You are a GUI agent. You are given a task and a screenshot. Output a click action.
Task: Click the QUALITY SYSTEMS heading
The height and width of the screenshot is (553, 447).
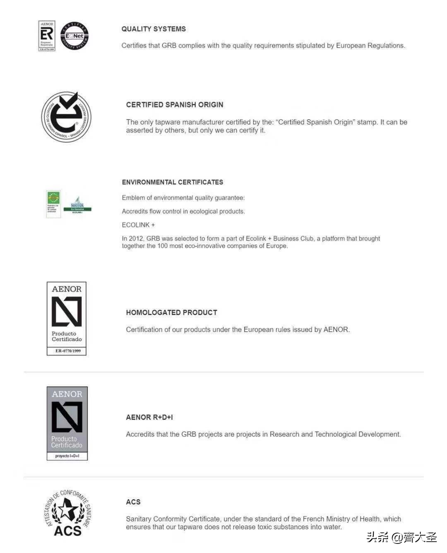tap(154, 29)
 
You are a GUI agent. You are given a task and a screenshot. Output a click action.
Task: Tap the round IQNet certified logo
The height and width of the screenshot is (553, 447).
tap(74, 36)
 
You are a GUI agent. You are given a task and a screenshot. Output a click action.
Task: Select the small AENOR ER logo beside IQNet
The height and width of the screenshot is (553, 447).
tap(47, 36)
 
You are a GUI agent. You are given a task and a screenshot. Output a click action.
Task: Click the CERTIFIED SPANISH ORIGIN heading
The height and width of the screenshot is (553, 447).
tap(174, 105)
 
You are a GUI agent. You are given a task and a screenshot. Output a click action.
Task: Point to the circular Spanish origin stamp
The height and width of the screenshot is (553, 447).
tap(66, 117)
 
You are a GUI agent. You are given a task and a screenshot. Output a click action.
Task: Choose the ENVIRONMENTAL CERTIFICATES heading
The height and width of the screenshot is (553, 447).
tap(172, 182)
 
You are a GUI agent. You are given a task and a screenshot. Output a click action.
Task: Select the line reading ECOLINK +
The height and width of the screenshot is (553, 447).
tap(138, 225)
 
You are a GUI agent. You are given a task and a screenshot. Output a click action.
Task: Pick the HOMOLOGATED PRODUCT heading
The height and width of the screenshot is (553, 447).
tap(171, 313)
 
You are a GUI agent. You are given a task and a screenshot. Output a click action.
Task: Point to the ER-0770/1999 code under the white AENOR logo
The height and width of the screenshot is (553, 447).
tap(68, 351)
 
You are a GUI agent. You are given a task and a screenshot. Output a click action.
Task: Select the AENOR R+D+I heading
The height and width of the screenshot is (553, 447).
tap(149, 417)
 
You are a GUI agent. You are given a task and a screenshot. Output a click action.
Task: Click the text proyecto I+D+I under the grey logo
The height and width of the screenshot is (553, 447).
tap(67, 456)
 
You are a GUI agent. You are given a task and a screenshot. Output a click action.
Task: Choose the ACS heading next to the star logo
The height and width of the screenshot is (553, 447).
tap(133, 502)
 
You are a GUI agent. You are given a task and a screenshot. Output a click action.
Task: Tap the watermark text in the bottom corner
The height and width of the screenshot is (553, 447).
tap(401, 537)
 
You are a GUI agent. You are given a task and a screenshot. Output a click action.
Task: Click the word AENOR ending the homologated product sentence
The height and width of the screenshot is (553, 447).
tap(336, 329)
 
